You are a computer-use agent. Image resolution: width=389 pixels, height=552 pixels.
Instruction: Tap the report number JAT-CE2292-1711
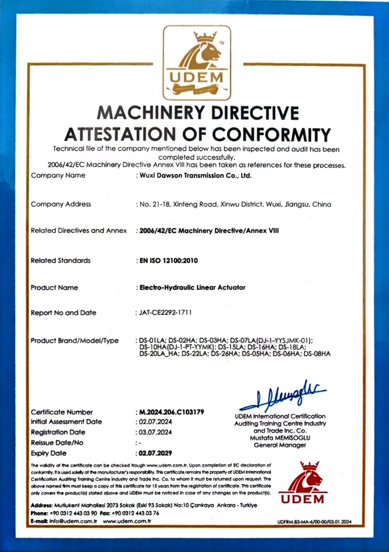pos(168,313)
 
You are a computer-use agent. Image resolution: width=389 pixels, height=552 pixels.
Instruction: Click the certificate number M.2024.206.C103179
pos(172,411)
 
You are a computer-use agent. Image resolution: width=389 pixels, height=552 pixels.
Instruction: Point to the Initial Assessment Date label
pos(66,421)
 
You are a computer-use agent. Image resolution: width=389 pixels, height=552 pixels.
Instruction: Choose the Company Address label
pos(61,203)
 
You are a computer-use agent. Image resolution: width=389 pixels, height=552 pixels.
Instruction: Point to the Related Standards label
pos(61,260)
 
